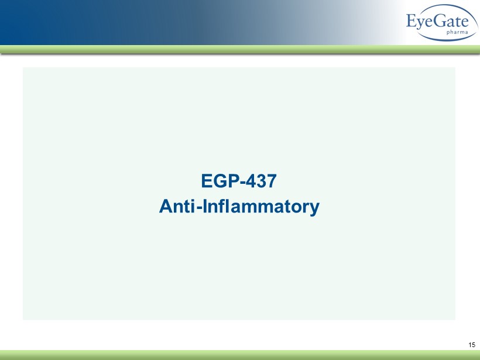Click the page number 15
click(472, 345)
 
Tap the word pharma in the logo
click(457, 32)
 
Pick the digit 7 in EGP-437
click(272, 181)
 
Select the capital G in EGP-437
click(220, 181)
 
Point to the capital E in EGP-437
click(207, 181)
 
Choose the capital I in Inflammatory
click(205, 206)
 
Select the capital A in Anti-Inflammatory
click(166, 206)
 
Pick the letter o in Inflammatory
click(296, 208)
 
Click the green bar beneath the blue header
click(240, 49)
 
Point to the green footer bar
click(240, 355)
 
